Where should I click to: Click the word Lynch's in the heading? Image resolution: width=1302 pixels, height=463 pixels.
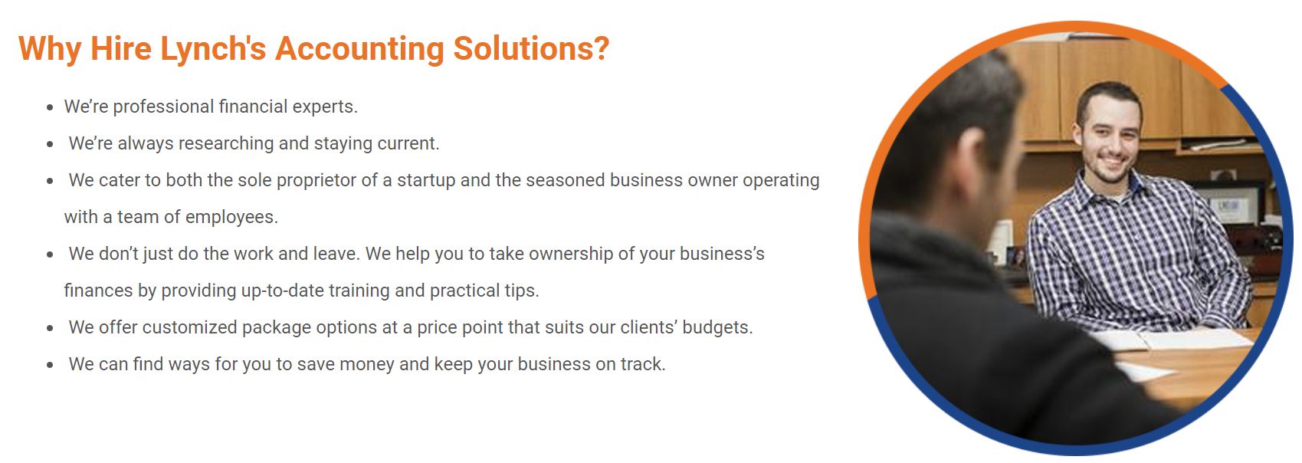click(213, 49)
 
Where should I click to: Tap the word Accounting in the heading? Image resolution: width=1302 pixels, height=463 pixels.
click(360, 49)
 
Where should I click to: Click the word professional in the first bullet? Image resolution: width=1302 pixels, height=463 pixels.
click(163, 107)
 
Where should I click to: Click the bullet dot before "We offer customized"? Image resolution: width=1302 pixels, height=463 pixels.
click(51, 329)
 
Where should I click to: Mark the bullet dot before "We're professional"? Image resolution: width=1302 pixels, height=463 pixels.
click(51, 107)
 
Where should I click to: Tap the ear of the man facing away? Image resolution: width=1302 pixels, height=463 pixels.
click(971, 165)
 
